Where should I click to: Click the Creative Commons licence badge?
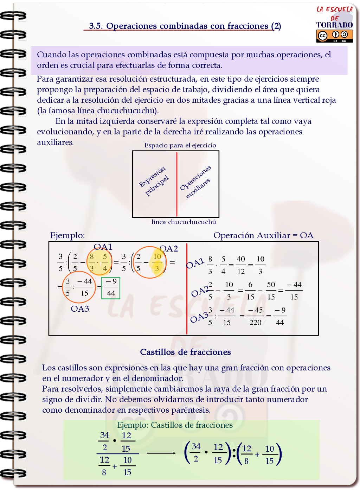point(334,36)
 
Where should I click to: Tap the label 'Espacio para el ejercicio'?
point(180,145)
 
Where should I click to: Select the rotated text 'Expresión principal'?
point(154,181)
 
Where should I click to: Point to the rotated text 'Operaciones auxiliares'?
point(196,182)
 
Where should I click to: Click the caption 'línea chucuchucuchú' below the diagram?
point(184,222)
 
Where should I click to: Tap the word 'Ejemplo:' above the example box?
point(67,235)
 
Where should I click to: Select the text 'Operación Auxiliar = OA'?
point(263,235)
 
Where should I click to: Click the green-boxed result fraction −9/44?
point(111,288)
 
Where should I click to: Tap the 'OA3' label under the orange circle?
point(80,309)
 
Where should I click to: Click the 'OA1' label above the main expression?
point(103,247)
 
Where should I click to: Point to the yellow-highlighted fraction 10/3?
point(157,262)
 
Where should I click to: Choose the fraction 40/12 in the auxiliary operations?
point(241,265)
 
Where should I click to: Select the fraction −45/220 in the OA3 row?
point(256,316)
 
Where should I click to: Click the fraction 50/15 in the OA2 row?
point(271,291)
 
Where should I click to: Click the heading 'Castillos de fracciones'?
point(185,352)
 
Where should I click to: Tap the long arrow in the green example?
point(161,453)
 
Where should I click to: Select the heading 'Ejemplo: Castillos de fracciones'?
point(175,425)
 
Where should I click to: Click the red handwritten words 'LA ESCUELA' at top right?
point(335,9)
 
